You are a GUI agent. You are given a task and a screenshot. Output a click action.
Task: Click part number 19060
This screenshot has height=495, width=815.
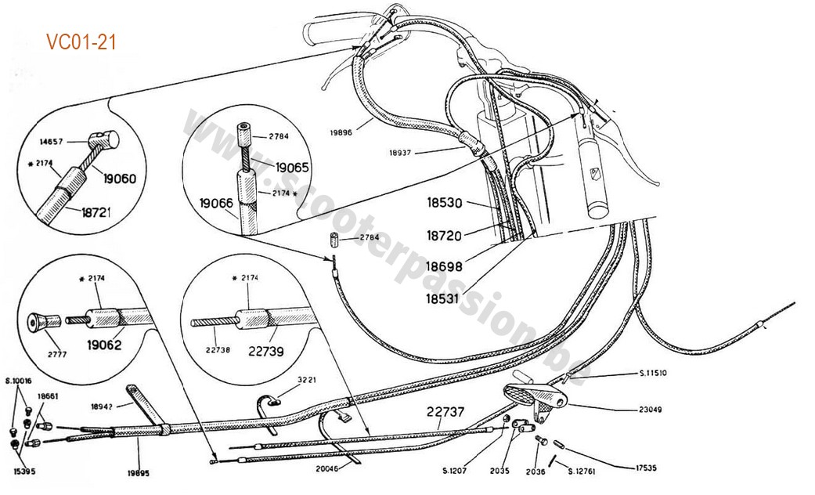[119, 178]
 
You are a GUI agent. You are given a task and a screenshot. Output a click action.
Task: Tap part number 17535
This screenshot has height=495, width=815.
[641, 468]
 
